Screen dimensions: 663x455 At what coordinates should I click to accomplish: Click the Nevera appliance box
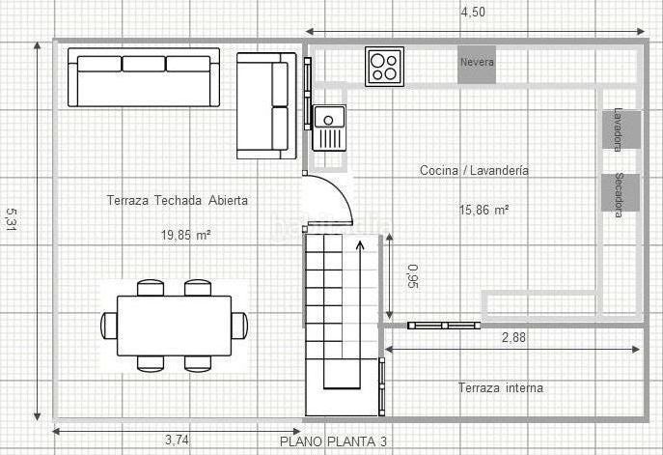(477, 65)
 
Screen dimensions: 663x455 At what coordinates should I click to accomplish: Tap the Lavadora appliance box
(622, 130)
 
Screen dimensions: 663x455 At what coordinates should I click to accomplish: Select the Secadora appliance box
(621, 192)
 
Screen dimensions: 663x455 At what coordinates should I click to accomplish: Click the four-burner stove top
(384, 67)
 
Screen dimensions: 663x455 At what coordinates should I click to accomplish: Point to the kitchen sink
(329, 128)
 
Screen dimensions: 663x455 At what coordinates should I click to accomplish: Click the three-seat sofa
(144, 77)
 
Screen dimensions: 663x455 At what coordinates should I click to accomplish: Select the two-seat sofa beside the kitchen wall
(266, 106)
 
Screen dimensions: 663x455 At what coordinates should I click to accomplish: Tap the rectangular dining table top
(175, 326)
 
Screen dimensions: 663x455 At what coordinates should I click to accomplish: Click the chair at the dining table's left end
(109, 326)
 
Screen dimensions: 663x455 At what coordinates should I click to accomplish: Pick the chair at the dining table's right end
(239, 326)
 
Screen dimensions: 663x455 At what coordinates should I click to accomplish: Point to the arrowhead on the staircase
(360, 245)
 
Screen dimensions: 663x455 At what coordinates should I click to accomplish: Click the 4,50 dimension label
(473, 12)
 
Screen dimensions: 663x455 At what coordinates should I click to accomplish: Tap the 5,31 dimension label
(11, 219)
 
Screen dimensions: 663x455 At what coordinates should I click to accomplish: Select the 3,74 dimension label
(177, 441)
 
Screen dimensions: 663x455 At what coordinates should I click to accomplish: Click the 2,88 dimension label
(513, 337)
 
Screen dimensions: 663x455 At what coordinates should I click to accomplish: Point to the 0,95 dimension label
(413, 276)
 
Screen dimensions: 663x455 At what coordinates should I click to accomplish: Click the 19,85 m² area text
(186, 235)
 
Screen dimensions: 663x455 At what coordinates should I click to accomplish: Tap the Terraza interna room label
(501, 387)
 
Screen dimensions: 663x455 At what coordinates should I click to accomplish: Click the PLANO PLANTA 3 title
(333, 441)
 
